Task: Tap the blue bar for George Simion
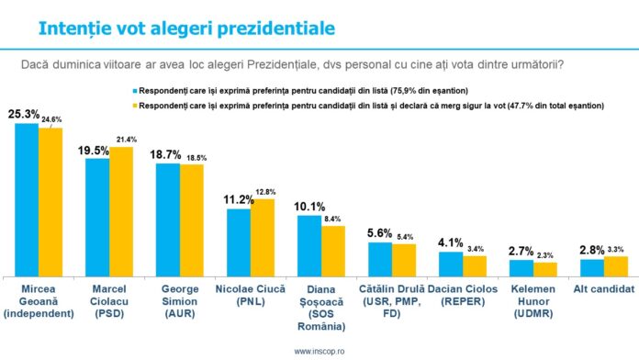[168, 219]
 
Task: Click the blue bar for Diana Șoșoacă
[309, 245]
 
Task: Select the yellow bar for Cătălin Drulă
[404, 260]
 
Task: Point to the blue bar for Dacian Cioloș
[451, 264]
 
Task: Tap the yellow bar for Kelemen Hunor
[545, 269]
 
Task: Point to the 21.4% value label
[123, 139]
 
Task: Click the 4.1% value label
[450, 242]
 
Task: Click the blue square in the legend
[133, 92]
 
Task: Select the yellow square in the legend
[133, 106]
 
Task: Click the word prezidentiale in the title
[256, 28]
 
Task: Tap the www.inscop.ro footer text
[320, 351]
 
